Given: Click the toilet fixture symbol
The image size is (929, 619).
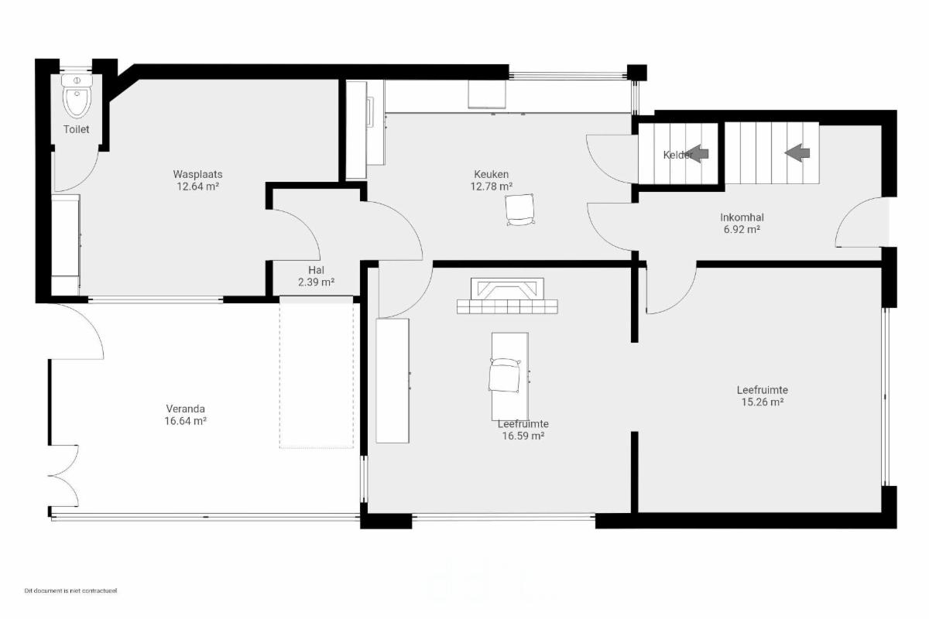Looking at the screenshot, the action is [77, 96].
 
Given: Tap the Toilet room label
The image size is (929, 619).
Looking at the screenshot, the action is [77, 129].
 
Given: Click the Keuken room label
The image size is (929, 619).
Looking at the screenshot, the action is [492, 174].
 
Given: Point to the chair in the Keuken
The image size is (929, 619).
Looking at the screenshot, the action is [520, 210].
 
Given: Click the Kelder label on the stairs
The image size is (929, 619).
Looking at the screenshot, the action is [677, 155].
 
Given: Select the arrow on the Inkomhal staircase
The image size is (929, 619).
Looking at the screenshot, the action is [797, 153].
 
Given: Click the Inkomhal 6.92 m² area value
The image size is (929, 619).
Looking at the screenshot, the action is [742, 229].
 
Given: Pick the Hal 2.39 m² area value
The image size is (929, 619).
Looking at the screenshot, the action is [316, 282].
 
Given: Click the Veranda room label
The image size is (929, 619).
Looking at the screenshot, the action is [185, 409].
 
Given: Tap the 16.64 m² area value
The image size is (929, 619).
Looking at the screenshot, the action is [185, 421].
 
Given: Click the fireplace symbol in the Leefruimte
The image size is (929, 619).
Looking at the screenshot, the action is [507, 296].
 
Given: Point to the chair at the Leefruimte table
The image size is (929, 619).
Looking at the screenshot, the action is [504, 375].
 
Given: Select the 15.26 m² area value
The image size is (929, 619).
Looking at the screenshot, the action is [763, 402].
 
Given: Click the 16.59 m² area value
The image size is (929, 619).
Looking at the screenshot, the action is [523, 436].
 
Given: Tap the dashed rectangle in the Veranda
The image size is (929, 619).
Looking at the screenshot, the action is [317, 372].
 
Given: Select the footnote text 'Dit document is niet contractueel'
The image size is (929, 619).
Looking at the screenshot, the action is [71, 591].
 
